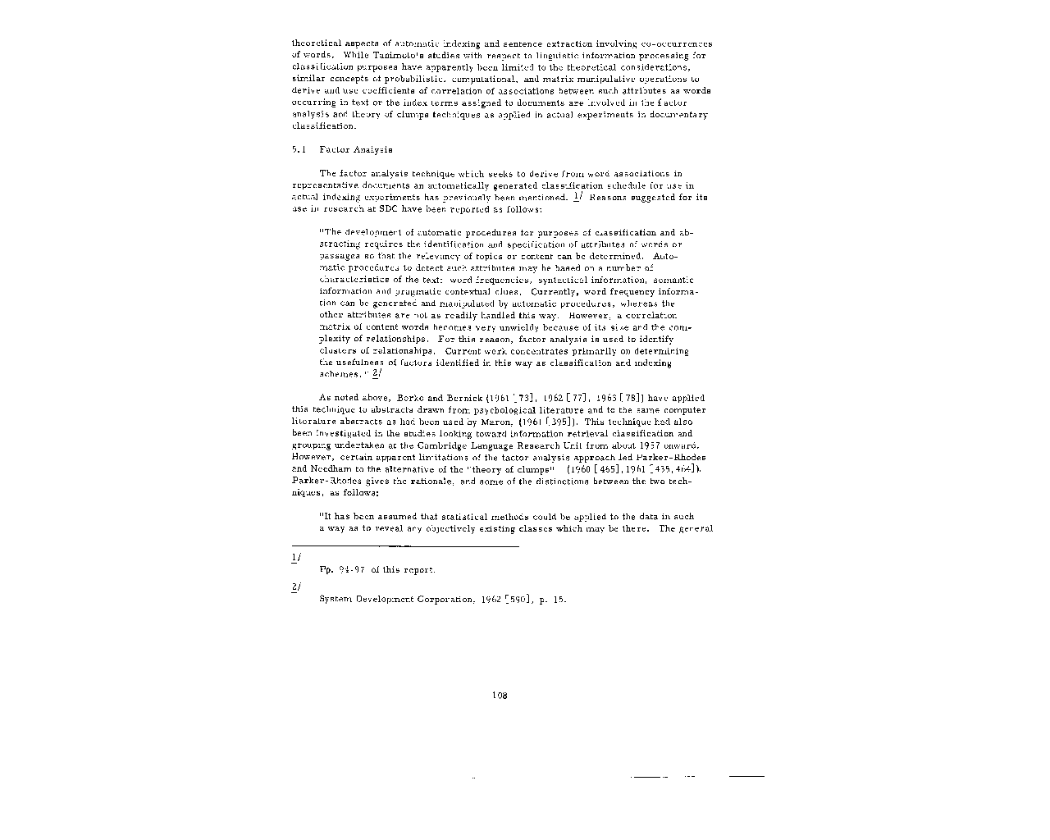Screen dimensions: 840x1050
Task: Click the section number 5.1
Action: click(298, 150)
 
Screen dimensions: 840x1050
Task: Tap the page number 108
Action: click(500, 696)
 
